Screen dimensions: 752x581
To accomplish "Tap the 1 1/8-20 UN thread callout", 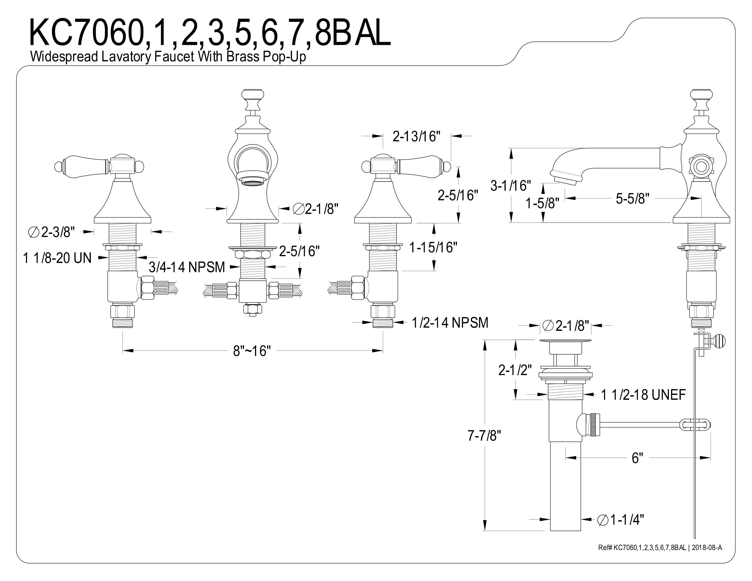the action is pos(57,258).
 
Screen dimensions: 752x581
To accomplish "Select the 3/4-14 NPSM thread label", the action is pos(187,267).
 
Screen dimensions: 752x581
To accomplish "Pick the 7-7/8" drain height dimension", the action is pos(484,436).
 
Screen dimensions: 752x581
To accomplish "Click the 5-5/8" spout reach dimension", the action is pos(633,199).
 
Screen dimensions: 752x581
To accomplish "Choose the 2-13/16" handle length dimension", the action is pos(417,137).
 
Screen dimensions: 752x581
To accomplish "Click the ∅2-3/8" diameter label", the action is pos(51,232).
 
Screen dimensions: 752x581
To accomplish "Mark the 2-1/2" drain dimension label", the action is pos(515,370).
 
